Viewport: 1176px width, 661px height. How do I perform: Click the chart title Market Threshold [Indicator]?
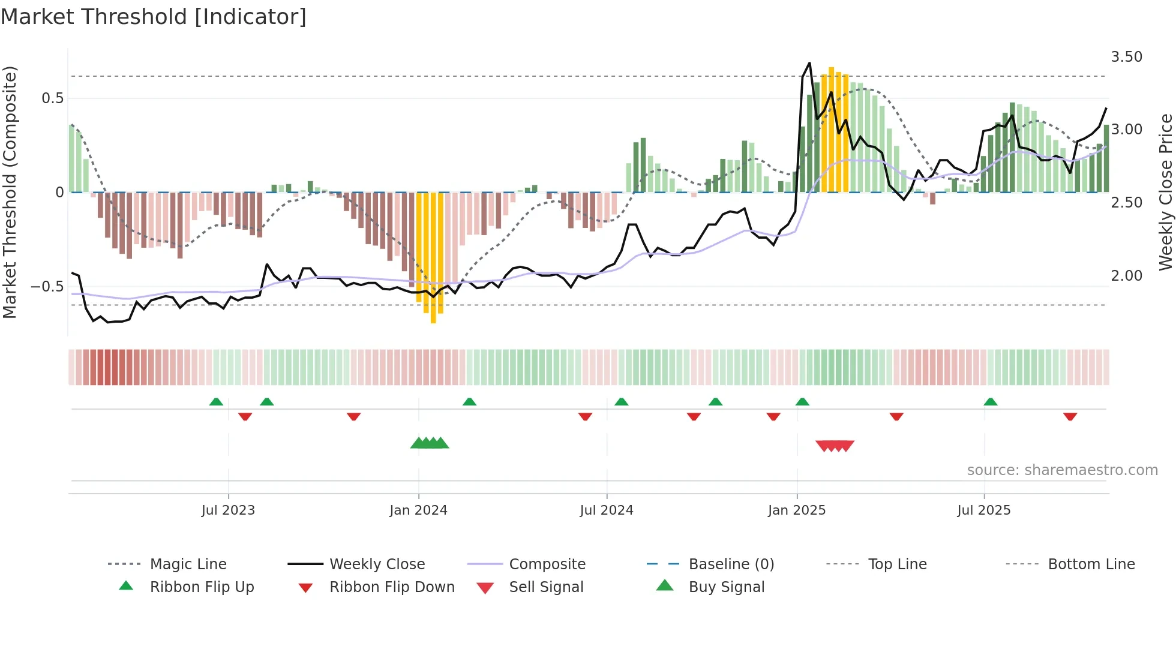click(x=154, y=17)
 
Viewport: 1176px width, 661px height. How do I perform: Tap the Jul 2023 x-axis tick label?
click(x=228, y=510)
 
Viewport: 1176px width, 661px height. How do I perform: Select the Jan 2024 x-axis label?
click(x=418, y=510)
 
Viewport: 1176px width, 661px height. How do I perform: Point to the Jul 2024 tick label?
click(x=607, y=510)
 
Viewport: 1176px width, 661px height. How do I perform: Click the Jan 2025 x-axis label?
click(x=797, y=510)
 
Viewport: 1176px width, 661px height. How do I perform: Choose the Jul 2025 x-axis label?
click(x=984, y=510)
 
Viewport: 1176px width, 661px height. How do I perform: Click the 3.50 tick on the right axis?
click(x=1126, y=57)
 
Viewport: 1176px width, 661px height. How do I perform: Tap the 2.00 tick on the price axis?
click(x=1126, y=276)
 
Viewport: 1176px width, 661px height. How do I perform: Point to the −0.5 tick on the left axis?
click(x=47, y=287)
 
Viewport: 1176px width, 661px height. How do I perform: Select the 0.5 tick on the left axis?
click(x=52, y=98)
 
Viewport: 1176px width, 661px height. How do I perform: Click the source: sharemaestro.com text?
click(x=1062, y=470)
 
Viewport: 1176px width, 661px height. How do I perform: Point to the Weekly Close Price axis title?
click(x=1165, y=192)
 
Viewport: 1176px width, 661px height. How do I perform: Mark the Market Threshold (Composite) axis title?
click(x=10, y=192)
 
